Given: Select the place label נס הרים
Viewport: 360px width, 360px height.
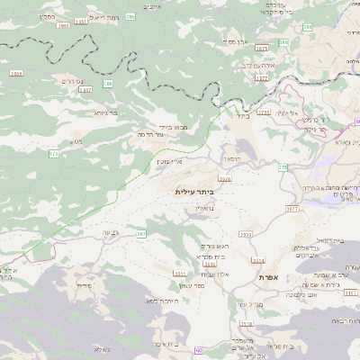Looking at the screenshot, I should point(72,82).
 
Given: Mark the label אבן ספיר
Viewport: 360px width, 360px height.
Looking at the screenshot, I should point(237,41).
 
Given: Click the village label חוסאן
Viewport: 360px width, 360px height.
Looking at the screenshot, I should point(232,158).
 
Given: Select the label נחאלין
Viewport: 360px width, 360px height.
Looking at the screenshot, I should point(203,207).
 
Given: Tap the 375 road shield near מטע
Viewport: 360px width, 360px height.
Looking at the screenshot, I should point(54,154).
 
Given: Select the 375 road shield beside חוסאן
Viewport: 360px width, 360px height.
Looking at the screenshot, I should point(282,167).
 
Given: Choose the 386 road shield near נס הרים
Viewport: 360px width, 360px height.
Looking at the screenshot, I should point(107,83).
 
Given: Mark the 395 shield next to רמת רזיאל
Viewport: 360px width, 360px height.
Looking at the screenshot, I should point(130,16).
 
